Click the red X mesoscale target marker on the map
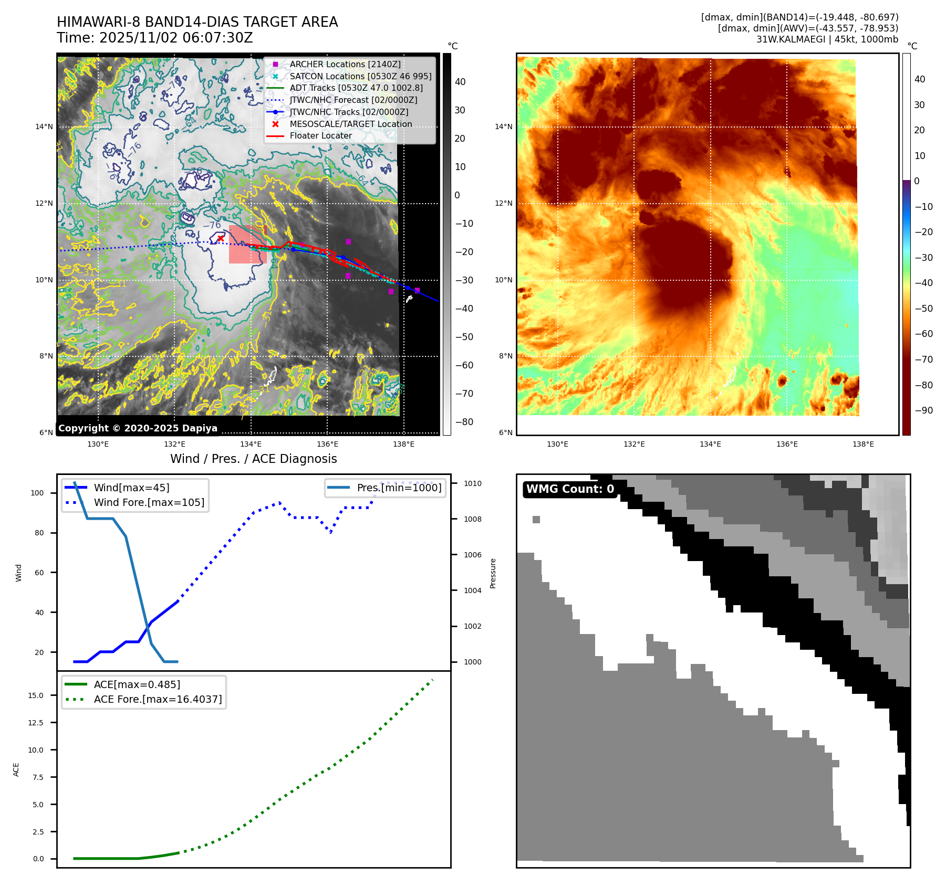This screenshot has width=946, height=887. (x=221, y=238)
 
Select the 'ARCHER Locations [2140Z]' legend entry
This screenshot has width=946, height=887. (x=345, y=64)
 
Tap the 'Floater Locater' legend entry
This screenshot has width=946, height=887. (x=320, y=135)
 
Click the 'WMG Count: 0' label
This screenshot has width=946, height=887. (x=570, y=489)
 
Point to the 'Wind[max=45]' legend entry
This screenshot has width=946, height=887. (x=131, y=488)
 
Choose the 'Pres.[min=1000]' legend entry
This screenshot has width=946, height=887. (x=399, y=488)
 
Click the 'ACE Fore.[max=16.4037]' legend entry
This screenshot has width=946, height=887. (x=158, y=699)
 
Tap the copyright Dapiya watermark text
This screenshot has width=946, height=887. (x=138, y=428)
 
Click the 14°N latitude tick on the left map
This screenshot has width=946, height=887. (x=44, y=126)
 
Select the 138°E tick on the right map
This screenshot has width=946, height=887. (x=863, y=445)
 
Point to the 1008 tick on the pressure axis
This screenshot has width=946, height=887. (x=472, y=519)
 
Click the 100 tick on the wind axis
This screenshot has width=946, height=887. (x=37, y=493)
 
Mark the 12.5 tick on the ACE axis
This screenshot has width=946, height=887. (x=36, y=723)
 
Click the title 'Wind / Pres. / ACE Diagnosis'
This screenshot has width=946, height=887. (x=253, y=459)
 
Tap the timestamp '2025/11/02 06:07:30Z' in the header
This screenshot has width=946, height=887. (x=176, y=38)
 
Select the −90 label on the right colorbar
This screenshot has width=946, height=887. (x=923, y=410)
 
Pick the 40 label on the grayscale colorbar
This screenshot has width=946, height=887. (x=460, y=82)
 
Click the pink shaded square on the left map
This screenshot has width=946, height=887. (x=247, y=245)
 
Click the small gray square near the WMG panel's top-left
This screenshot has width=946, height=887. (x=536, y=520)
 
